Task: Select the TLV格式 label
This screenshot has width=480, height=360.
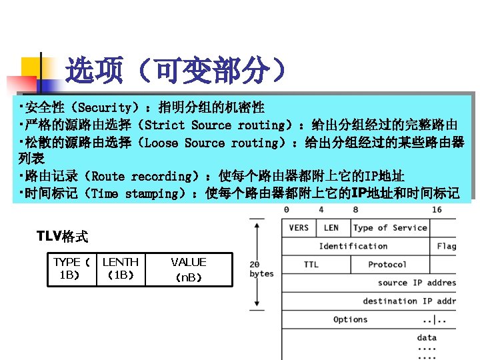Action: pyautogui.click(x=62, y=236)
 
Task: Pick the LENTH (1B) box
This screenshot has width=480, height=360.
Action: pyautogui.click(x=121, y=269)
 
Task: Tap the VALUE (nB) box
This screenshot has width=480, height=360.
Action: pyautogui.click(x=189, y=269)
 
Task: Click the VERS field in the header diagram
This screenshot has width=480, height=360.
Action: pyautogui.click(x=299, y=228)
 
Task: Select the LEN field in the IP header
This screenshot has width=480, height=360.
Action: pyautogui.click(x=331, y=228)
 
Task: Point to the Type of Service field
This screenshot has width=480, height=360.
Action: pyautogui.click(x=390, y=228)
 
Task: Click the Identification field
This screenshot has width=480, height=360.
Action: pyautogui.click(x=353, y=246)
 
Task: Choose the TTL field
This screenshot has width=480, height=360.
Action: pyautogui.click(x=311, y=265)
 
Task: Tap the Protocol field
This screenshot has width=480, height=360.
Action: pyautogui.click(x=387, y=265)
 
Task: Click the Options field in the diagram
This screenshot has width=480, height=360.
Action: pyautogui.click(x=351, y=320)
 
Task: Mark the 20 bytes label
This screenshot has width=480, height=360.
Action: pyautogui.click(x=261, y=269)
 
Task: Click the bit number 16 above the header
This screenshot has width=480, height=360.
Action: pyautogui.click(x=437, y=209)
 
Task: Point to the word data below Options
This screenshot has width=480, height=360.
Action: pyautogui.click(x=427, y=338)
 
